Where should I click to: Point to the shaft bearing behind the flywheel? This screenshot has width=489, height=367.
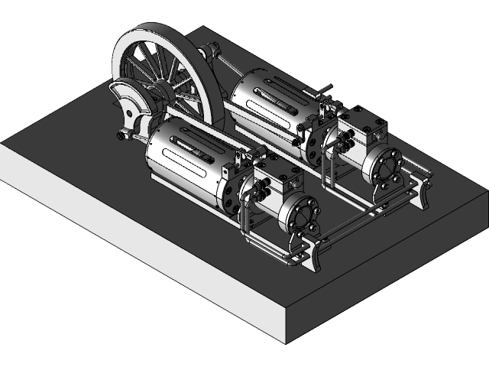[209, 51]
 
